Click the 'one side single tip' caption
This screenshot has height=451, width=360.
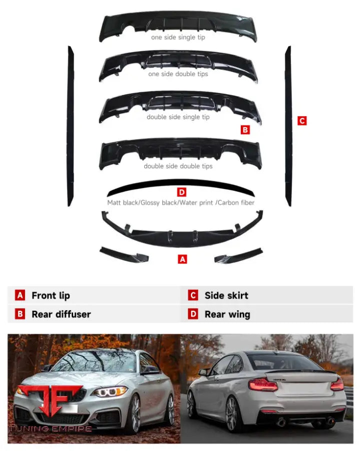tap(178, 37)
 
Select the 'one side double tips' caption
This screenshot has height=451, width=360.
tap(178, 74)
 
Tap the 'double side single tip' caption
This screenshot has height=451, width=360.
tap(178, 117)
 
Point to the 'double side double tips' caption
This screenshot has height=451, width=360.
tap(178, 166)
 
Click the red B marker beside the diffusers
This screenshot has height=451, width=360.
tap(245, 130)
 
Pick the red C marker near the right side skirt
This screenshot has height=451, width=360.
tap(301, 121)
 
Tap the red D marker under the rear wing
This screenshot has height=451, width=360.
tap(182, 192)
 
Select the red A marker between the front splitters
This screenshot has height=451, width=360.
tap(183, 260)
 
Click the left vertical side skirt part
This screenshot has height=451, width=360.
tap(71, 125)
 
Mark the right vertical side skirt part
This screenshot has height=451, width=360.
tap(288, 125)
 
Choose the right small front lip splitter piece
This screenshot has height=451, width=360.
tap(238, 255)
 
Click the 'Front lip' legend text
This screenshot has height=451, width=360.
tap(51, 296)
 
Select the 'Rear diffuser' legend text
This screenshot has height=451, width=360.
tap(61, 315)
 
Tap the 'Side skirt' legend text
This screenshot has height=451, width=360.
tap(226, 296)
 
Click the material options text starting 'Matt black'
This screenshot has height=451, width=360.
tap(180, 203)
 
